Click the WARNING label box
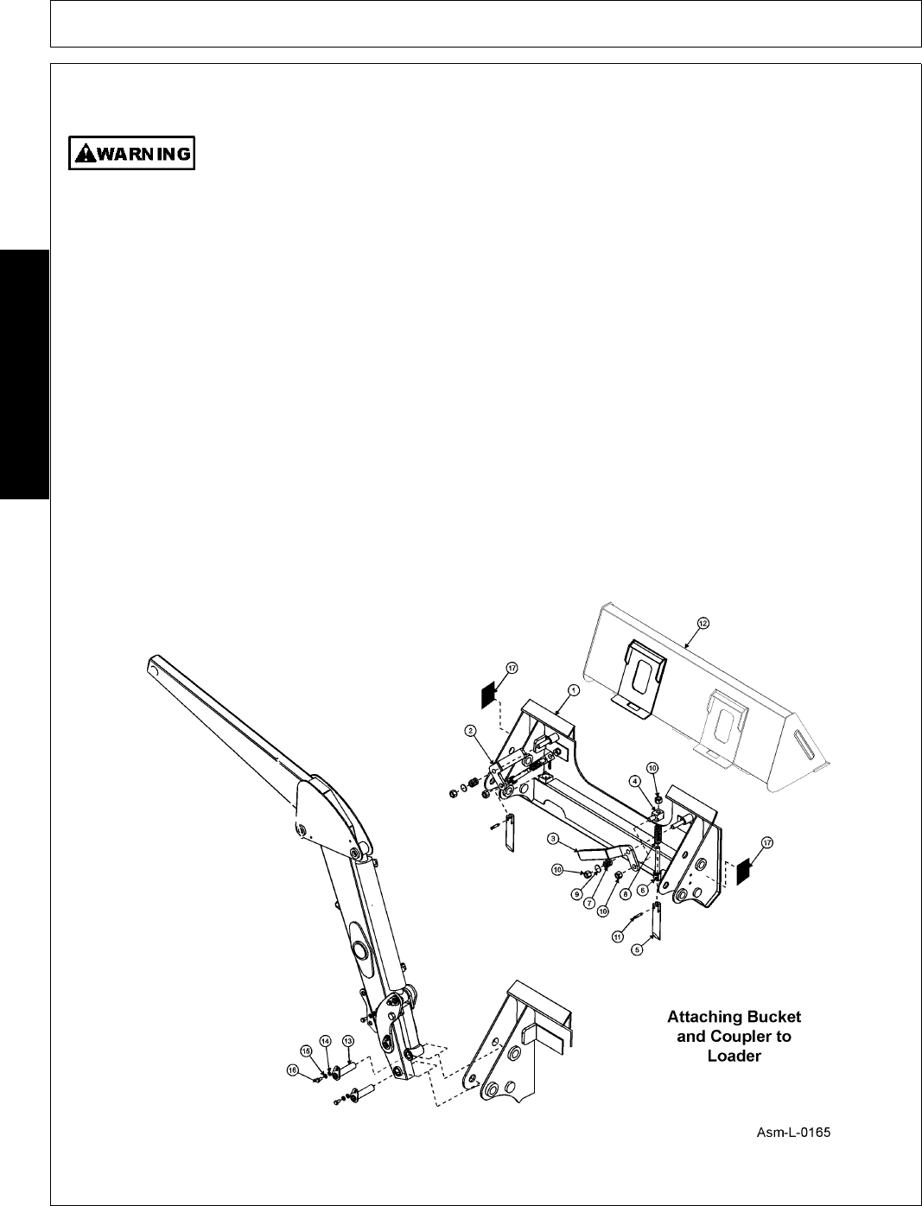coord(131,153)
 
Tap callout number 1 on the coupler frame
coord(572,689)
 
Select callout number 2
coord(471,731)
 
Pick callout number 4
coord(635,781)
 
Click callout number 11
coord(617,936)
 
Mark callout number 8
coord(625,895)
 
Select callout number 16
coord(292,1070)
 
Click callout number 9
coord(575,895)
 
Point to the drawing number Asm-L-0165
coord(793,1133)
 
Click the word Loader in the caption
coord(734,1056)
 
